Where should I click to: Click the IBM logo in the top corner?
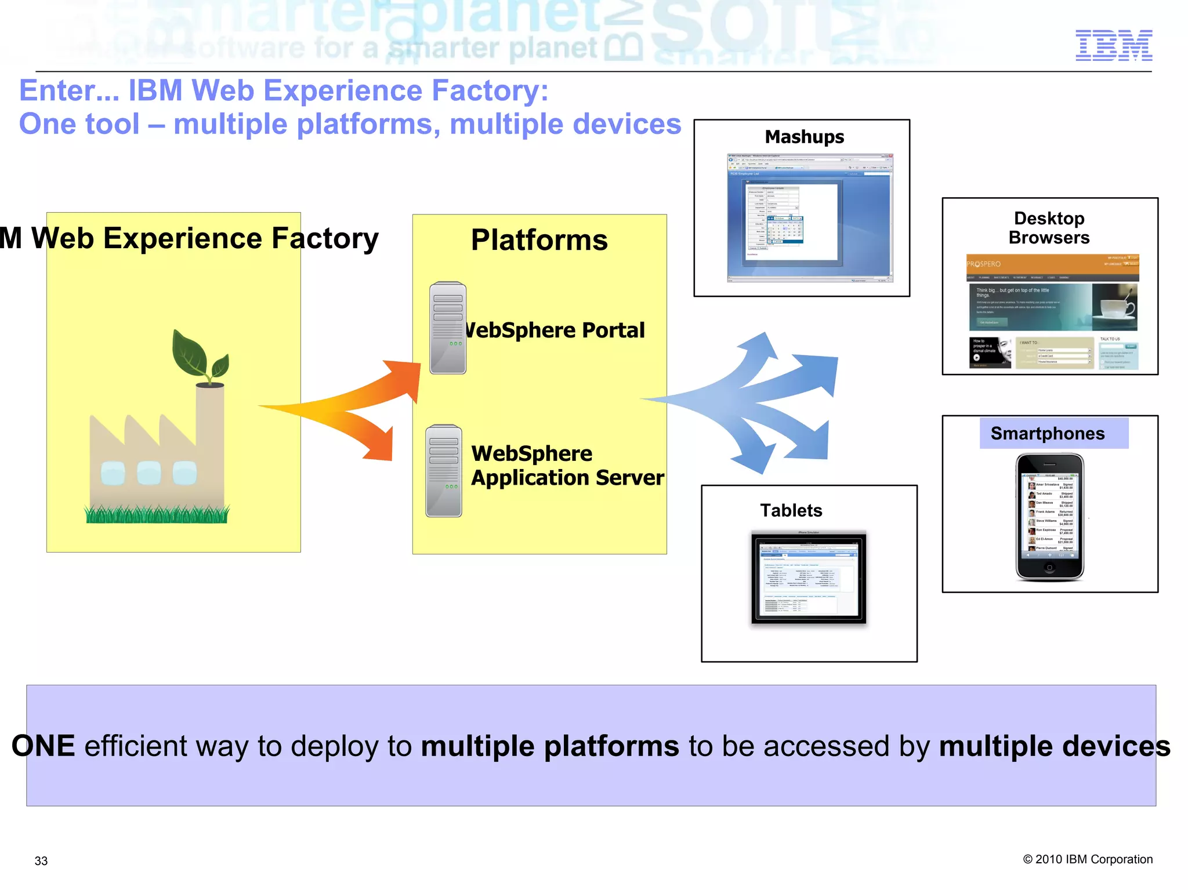1113,45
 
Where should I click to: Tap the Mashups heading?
804,137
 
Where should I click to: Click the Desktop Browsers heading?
1049,228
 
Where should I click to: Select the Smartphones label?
1047,434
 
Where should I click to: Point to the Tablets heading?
791,510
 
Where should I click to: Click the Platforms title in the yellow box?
539,240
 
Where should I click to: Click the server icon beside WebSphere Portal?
448,328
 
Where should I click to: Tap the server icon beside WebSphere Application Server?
444,471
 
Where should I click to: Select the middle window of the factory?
149,473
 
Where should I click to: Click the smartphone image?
1049,517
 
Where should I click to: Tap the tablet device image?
809,577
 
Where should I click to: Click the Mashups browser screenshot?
810,218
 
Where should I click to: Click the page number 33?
41,861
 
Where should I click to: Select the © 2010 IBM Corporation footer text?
1088,859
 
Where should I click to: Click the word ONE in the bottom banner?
44,746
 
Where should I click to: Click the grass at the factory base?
157,514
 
